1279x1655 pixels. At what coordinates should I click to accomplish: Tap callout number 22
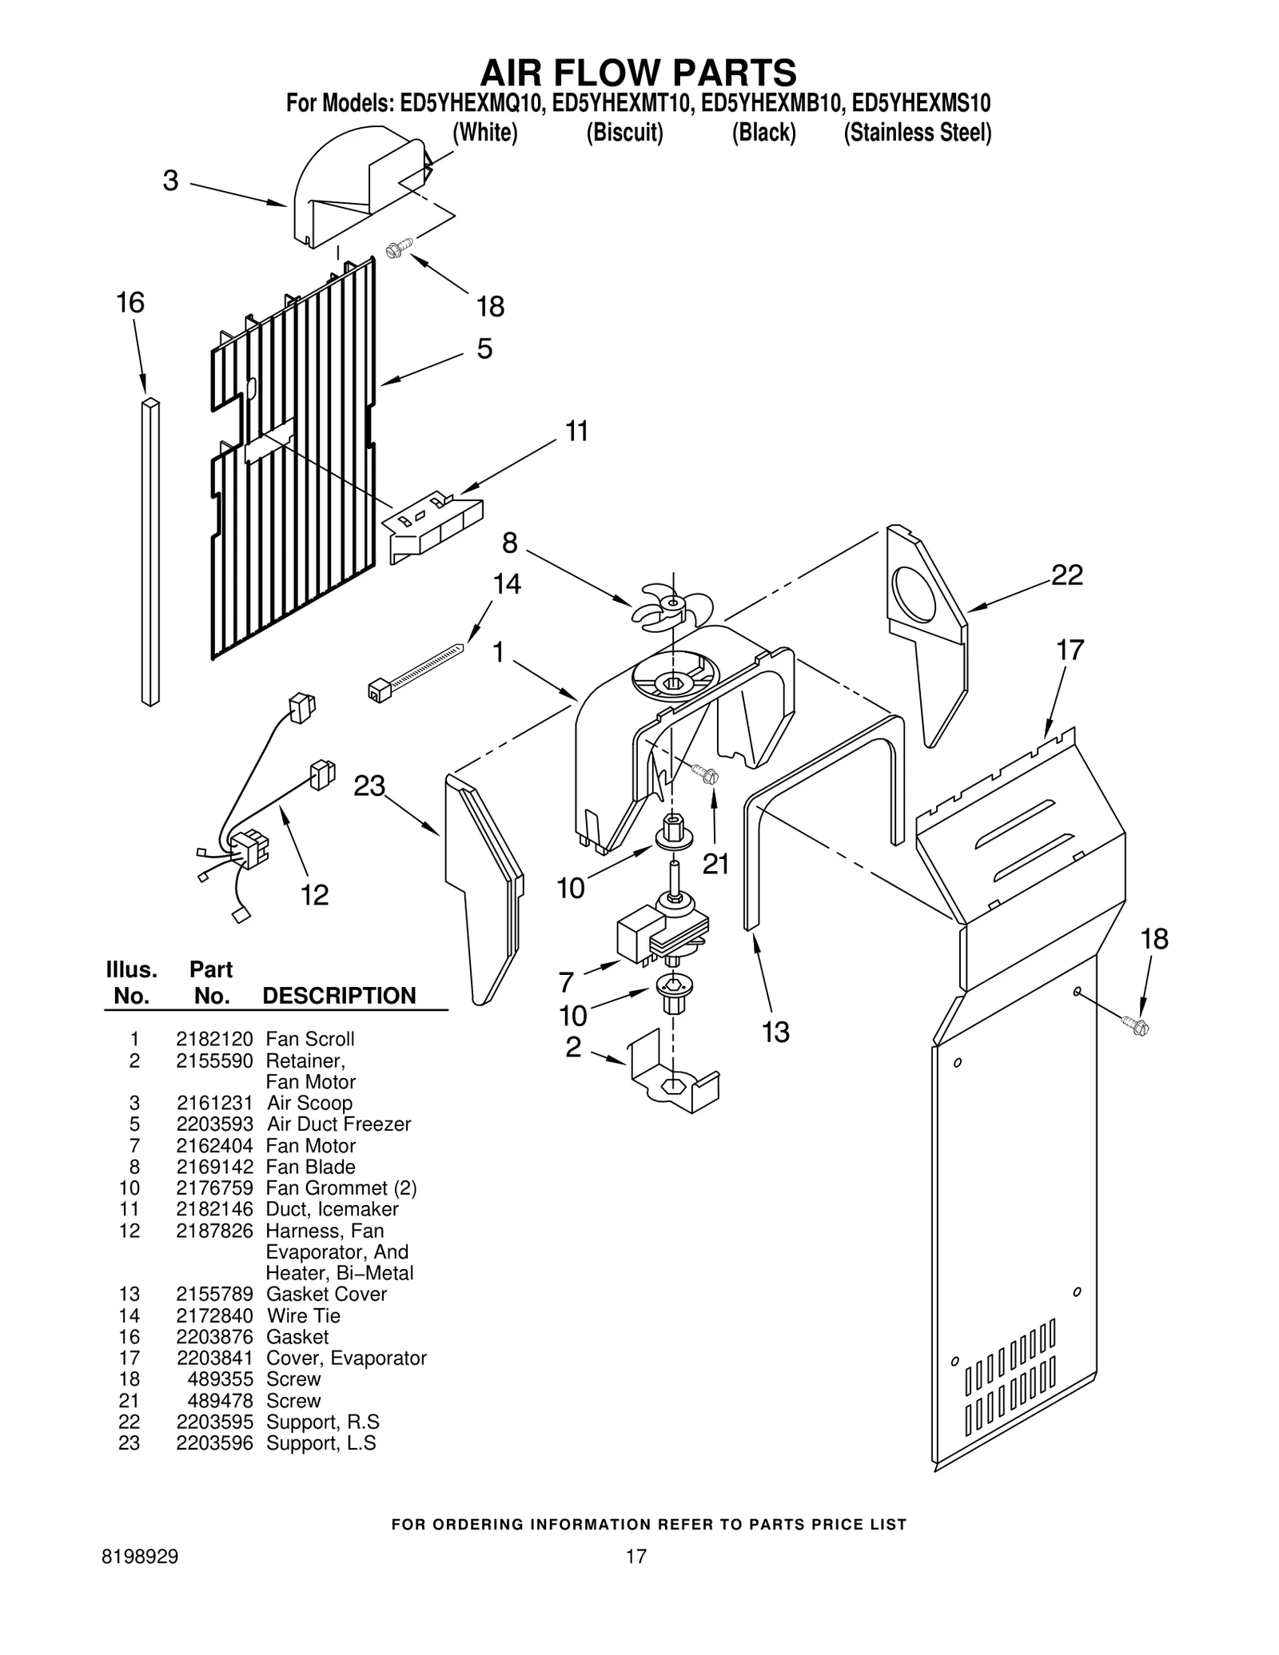coord(1066,575)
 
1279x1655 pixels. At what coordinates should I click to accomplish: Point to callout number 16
coord(130,303)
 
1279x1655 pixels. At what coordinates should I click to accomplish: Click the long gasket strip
coord(150,551)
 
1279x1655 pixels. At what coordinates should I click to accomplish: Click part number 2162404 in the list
coord(214,1145)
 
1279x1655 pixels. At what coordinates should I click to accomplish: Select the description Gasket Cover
coord(326,1294)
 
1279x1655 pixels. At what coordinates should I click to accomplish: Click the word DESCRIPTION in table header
coord(339,996)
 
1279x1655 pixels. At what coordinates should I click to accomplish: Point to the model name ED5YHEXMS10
coord(921,104)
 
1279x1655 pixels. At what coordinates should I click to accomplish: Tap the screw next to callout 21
coord(705,773)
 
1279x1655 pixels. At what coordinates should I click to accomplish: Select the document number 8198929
coord(141,1557)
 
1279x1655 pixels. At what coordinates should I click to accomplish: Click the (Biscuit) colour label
coord(624,133)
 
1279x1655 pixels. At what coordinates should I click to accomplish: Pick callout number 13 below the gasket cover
coord(775,1032)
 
